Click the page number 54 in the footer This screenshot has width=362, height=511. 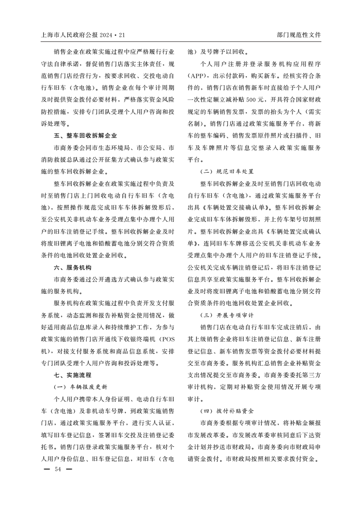tap(58, 470)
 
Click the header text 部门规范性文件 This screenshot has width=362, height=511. tap(299, 35)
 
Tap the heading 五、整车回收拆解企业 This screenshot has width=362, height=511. tap(85, 136)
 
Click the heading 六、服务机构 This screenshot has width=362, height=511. tap(73, 267)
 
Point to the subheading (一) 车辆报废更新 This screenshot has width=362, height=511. tap(80, 387)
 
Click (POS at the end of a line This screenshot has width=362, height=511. tap(166, 339)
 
